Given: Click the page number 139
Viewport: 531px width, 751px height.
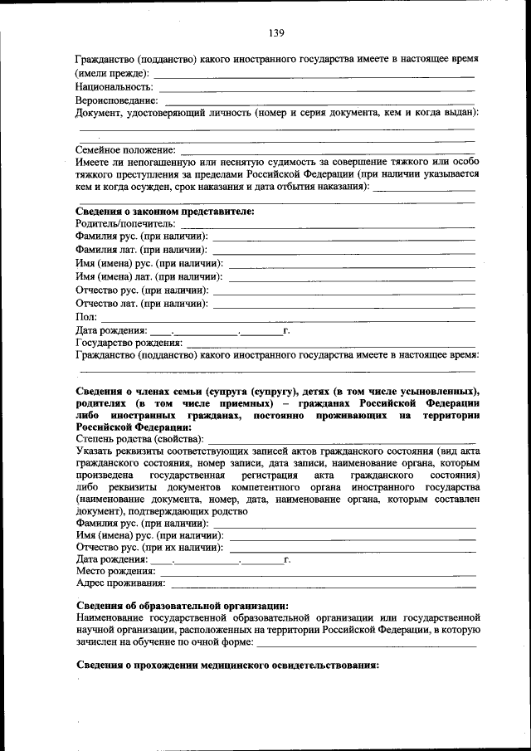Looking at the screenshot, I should pos(276,33).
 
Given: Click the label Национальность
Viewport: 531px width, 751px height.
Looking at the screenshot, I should pos(114,86).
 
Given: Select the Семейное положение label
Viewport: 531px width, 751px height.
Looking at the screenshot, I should pos(125,150).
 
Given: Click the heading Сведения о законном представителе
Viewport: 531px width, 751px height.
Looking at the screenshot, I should pos(164,211).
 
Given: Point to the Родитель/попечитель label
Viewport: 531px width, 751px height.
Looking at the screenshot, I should pos(125,224).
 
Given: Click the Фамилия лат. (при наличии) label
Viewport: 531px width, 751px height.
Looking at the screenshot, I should pos(142,250).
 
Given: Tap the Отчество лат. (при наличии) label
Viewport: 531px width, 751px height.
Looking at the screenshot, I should pos(142,303).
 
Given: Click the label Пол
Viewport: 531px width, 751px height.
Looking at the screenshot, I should pos(86,316).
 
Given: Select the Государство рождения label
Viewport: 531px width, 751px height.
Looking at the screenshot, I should pos(129,342).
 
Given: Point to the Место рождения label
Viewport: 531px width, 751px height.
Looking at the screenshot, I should pos(115,571).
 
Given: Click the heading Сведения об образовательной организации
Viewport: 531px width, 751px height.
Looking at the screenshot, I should pos(182,606).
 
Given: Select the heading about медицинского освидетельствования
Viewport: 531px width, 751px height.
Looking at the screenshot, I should pos(227,665).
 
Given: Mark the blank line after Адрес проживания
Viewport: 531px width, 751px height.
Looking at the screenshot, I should pos(323,588).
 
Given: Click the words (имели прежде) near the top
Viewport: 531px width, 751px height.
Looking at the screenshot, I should pos(113,73).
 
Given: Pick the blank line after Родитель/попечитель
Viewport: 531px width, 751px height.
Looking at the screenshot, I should pos(327,227).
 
